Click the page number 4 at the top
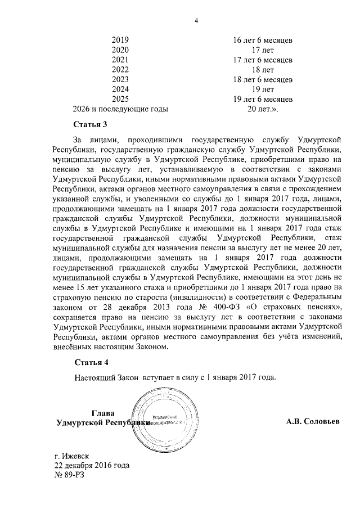pyautogui.click(x=196, y=21)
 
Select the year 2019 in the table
pyautogui.click(x=120, y=40)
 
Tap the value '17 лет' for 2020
pyautogui.click(x=263, y=50)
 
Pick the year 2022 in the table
pyautogui.click(x=120, y=70)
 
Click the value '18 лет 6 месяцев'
pyautogui.click(x=263, y=79)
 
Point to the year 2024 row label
pyautogui.click(x=120, y=89)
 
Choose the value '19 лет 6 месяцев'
pyautogui.click(x=263, y=99)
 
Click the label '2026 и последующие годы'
pyautogui.click(x=120, y=109)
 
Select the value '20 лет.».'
pyautogui.click(x=263, y=109)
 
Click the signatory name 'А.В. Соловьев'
pyautogui.click(x=313, y=421)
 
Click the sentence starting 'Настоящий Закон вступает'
pyautogui.click(x=175, y=377)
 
